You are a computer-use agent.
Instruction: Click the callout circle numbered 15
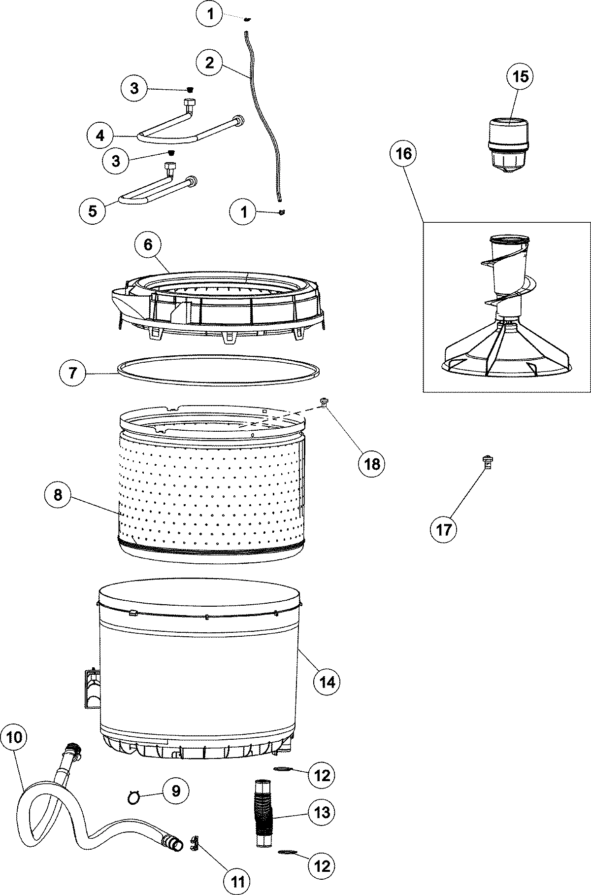coord(521,76)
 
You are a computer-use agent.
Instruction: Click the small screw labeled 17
coord(488,462)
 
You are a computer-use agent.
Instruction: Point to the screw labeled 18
coord(324,402)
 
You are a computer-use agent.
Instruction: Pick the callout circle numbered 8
coord(59,494)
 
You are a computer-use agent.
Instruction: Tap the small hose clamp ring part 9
coord(133,796)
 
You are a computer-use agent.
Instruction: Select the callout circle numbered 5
coord(93,211)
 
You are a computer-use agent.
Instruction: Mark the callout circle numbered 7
coord(72,373)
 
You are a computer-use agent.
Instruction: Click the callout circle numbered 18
coord(372,463)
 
